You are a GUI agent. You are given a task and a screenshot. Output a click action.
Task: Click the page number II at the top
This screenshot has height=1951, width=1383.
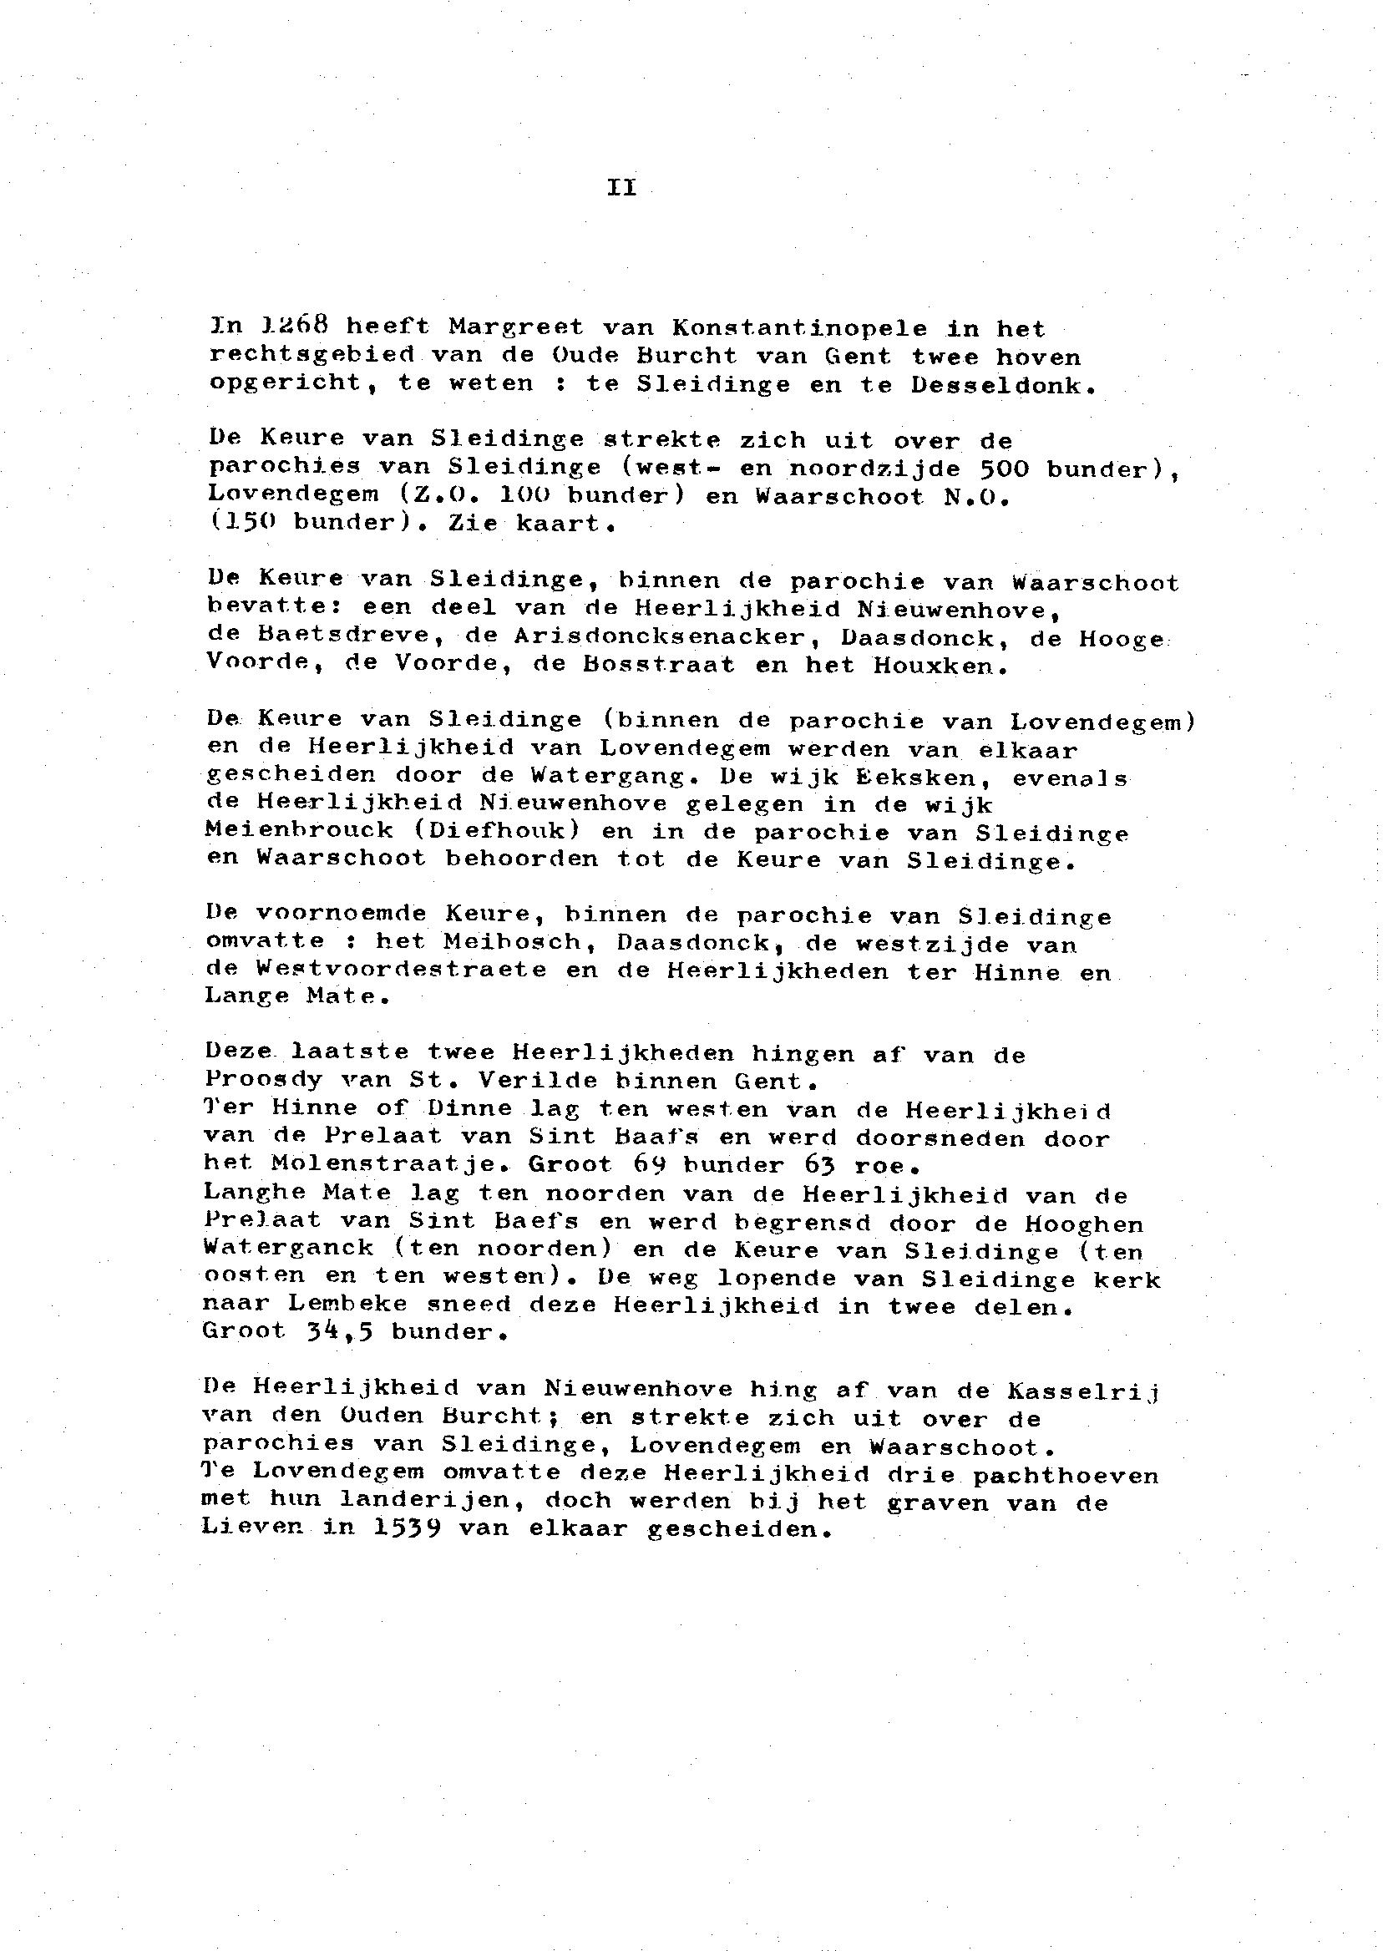(621, 187)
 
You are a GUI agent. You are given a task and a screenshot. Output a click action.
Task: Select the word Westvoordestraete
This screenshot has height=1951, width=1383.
(401, 970)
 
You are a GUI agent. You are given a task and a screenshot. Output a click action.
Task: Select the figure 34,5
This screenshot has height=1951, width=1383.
(337, 1332)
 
